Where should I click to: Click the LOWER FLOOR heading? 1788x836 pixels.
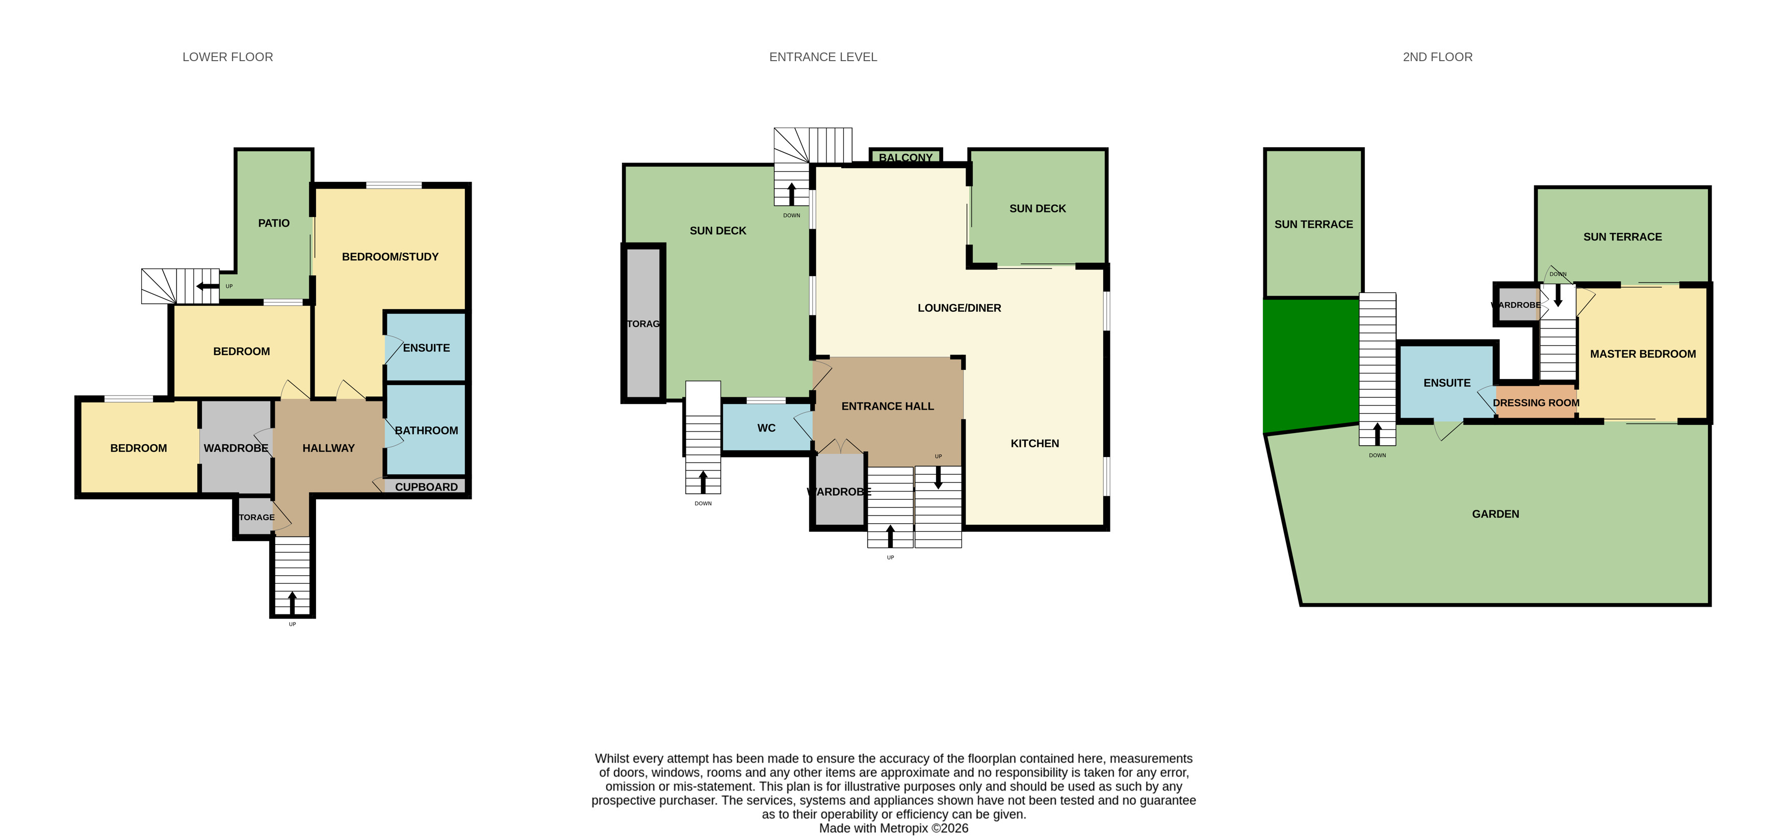pos(228,57)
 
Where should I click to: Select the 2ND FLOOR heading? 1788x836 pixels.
pos(1437,57)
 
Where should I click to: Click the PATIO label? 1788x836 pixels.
pos(273,223)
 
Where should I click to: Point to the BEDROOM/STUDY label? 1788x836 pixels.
pos(390,257)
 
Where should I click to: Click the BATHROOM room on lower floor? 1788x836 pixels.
pos(426,430)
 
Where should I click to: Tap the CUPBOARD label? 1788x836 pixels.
pos(426,487)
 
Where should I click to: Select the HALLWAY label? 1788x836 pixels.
pos(328,448)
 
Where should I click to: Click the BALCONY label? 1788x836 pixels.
pos(906,157)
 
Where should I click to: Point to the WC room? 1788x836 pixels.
pos(766,428)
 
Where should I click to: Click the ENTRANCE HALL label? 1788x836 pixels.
pos(887,407)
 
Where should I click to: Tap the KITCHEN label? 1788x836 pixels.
pos(1034,443)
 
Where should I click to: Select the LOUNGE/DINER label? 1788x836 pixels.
pos(959,308)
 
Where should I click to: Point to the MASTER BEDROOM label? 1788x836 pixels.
pos(1642,354)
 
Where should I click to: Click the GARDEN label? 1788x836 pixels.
pos(1495,514)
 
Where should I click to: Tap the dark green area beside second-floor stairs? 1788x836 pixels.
pos(1308,364)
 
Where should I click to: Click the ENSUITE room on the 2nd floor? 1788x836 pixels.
pos(1446,383)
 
